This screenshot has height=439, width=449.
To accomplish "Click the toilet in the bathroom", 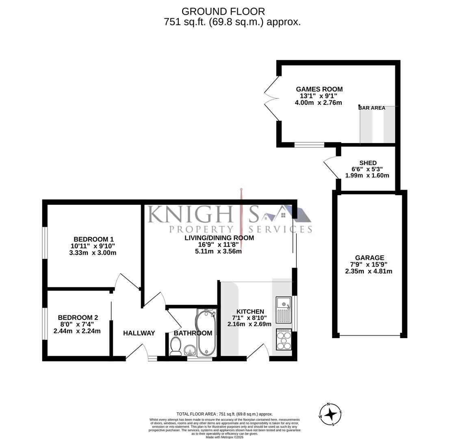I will [176, 347].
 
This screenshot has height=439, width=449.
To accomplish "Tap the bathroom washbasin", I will [190, 350].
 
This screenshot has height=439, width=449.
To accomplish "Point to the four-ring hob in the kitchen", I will [284, 339].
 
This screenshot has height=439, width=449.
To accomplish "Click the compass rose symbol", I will [331, 414].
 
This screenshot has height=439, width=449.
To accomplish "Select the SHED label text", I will [368, 163].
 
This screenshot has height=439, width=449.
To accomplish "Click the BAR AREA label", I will [372, 108].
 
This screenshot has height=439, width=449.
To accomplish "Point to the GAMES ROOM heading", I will [319, 89].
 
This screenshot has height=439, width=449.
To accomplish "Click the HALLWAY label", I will [139, 333].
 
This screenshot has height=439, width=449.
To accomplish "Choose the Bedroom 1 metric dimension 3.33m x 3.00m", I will [93, 252].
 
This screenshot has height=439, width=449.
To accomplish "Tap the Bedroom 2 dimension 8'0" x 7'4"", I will [77, 324].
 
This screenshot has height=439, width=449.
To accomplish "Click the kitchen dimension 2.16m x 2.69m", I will [249, 324].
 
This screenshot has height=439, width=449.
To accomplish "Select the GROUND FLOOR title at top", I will [223, 11].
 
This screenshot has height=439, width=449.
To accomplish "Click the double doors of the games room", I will [270, 98].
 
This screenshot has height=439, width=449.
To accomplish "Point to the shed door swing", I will [331, 167].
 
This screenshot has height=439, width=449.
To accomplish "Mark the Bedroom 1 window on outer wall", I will [45, 242].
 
